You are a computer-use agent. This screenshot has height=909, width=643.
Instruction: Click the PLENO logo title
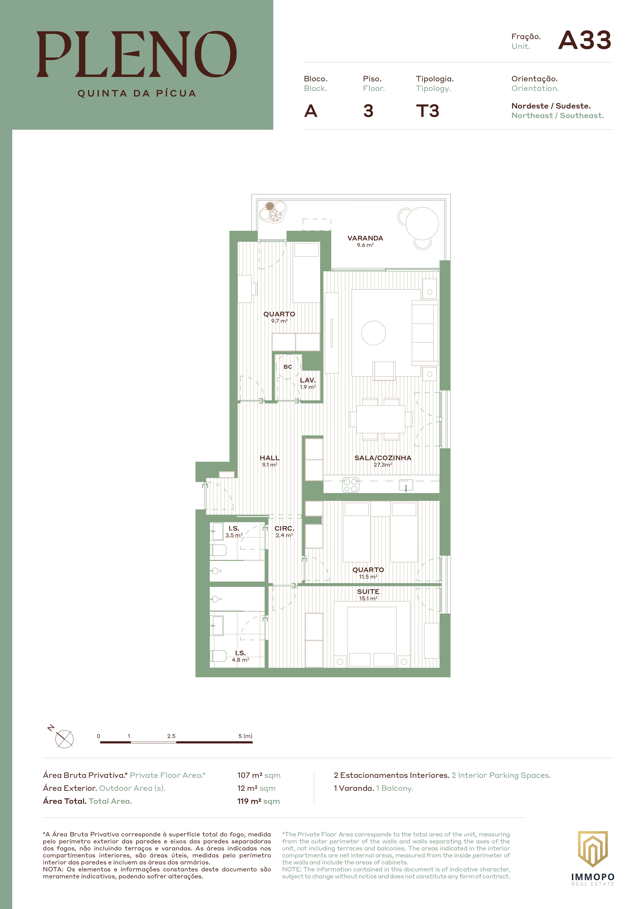tap(137, 54)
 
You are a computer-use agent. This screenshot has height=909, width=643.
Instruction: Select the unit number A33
tap(585, 40)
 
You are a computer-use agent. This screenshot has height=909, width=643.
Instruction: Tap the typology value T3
tap(428, 111)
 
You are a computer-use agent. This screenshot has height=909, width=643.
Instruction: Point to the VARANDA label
tap(365, 238)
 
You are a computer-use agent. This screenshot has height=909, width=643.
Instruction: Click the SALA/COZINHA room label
tap(383, 458)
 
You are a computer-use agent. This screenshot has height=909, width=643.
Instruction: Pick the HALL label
tap(270, 458)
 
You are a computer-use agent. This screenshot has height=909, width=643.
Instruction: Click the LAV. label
tap(308, 380)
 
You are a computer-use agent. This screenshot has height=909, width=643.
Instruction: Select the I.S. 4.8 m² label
tap(240, 656)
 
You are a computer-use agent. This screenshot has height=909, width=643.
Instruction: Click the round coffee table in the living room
tap(373, 333)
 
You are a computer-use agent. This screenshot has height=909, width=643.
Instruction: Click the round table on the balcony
tap(422, 223)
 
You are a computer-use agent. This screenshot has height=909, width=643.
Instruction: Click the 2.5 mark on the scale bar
tap(171, 736)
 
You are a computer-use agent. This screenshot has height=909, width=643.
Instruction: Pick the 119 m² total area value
tap(258, 801)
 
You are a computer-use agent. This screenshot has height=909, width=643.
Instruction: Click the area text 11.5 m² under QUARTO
tap(368, 577)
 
